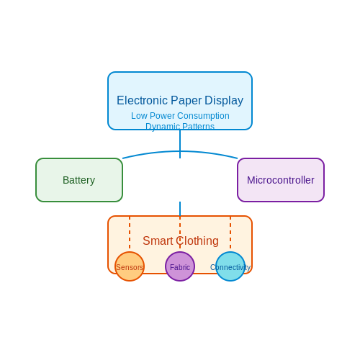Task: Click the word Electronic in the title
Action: click(x=142, y=100)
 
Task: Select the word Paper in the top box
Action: click(x=186, y=101)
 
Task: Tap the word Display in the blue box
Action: click(x=224, y=101)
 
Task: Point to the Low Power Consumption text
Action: click(x=180, y=116)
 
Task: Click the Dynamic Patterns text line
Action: click(x=180, y=126)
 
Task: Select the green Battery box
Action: click(x=79, y=180)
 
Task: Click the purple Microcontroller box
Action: click(x=281, y=180)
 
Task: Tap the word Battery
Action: click(x=78, y=180)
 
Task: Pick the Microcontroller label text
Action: click(x=281, y=180)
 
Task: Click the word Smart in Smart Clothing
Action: click(x=158, y=240)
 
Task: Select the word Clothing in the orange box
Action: click(x=197, y=240)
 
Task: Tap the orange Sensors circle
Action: click(x=130, y=266)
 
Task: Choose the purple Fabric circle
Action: click(x=180, y=266)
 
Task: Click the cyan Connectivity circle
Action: click(x=230, y=266)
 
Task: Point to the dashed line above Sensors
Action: click(x=130, y=233)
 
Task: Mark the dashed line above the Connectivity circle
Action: click(x=230, y=233)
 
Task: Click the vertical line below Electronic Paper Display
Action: click(x=180, y=144)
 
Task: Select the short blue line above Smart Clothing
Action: click(x=180, y=209)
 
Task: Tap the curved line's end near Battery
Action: click(x=122, y=158)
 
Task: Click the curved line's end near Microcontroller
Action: click(x=238, y=158)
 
